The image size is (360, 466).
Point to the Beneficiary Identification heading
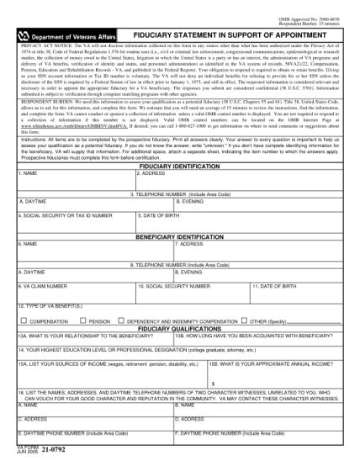(x=179, y=237)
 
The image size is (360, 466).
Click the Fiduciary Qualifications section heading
(x=179, y=327)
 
